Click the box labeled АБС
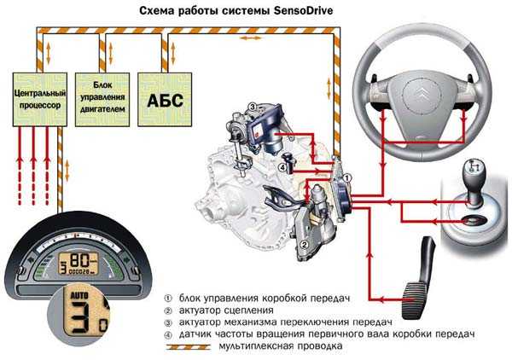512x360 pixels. tap(165, 100)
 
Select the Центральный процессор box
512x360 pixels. tap(40, 100)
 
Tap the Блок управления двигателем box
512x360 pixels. tap(102, 100)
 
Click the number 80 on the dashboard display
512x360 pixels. tap(79, 260)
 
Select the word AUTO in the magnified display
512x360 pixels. tap(79, 296)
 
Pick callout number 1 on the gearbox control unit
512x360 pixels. tap(347, 178)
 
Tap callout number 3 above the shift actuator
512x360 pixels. tap(252, 107)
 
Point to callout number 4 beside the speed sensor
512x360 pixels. tap(282, 168)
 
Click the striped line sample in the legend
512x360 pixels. tap(188, 347)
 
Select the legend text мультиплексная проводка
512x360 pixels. tap(281, 346)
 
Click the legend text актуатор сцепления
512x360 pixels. tap(226, 310)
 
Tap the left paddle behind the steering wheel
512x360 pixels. tap(375, 78)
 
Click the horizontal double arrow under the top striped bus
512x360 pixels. tap(251, 38)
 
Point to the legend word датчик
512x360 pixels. tap(195, 334)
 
